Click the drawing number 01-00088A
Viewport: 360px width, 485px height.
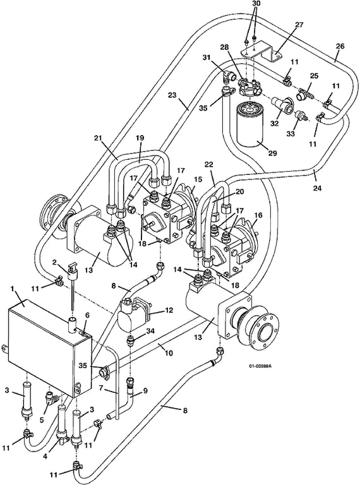point(260,366)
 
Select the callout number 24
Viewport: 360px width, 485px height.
point(317,188)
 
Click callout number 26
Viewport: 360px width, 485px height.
point(340,46)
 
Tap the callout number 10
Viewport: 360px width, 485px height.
point(168,352)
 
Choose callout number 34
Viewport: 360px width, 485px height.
point(150,332)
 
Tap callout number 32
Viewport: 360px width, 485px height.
point(275,123)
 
